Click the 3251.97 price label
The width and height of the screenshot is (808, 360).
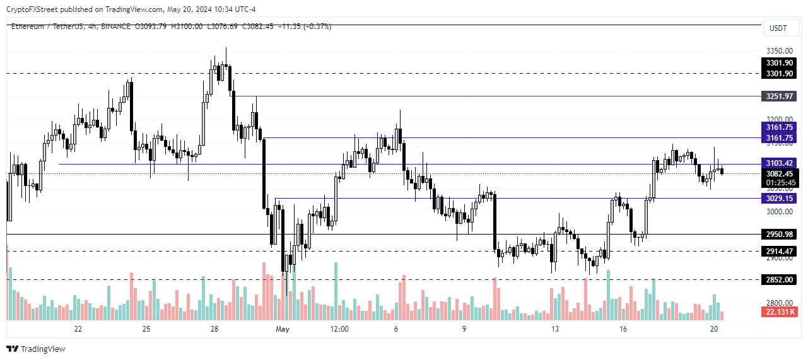tap(779, 96)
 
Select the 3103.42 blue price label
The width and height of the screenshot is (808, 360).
tap(779, 163)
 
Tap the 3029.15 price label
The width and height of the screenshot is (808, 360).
tap(779, 199)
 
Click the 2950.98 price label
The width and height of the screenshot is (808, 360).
tap(779, 235)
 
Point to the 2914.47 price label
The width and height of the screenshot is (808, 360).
tap(779, 252)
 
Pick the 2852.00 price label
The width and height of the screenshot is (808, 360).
tap(779, 280)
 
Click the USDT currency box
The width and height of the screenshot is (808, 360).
tap(779, 28)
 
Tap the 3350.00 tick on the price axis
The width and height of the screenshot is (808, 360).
tap(779, 51)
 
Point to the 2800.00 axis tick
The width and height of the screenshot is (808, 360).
tap(779, 303)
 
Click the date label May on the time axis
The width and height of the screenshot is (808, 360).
tap(283, 329)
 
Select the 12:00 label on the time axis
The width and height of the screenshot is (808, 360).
tap(339, 329)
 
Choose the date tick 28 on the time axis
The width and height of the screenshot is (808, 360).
tap(214, 329)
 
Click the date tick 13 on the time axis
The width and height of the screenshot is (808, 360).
tap(555, 329)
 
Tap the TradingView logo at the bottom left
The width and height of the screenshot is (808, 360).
tap(36, 349)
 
